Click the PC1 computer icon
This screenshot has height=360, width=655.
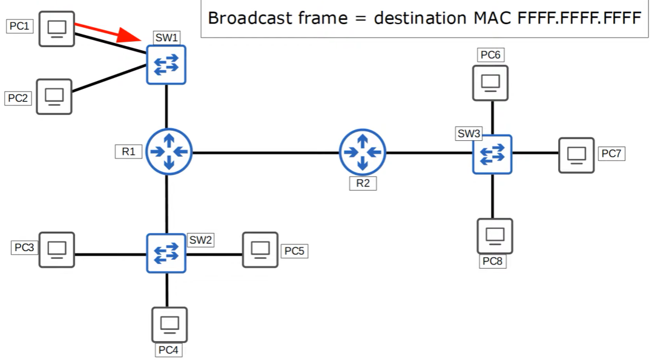pos(57,28)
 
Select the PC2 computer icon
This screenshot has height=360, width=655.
pos(54,96)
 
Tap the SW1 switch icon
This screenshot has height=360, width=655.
pos(166,64)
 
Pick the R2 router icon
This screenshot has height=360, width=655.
pos(362,152)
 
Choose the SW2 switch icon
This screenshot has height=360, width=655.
pos(166,253)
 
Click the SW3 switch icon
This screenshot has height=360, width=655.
pos(492,154)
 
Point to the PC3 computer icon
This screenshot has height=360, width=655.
pos(57,249)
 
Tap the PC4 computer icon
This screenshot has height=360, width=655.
pos(169,325)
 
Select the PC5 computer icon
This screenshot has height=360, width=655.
pos(260,249)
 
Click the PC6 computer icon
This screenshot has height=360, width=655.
pos(491,82)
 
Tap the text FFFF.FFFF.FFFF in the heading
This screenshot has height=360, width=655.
pos(579,18)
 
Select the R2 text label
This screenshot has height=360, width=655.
pos(363,184)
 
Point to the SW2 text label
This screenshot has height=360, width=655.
pos(201,240)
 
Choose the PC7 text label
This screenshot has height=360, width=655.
pos(611,154)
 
